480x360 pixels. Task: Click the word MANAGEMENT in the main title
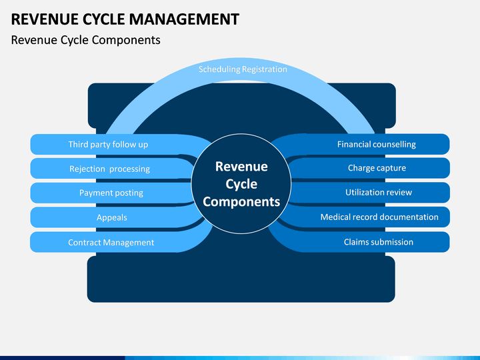click(184, 19)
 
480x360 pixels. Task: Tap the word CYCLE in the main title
click(103, 19)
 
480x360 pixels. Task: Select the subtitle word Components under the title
click(126, 41)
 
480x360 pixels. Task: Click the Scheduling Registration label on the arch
click(243, 69)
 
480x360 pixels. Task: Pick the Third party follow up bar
click(113, 144)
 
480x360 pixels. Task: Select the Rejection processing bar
click(112, 169)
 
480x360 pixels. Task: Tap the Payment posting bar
click(111, 193)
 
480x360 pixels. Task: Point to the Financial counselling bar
click(367, 144)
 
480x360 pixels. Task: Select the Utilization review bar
click(371, 192)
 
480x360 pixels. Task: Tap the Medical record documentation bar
click(367, 217)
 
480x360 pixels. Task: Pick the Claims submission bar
click(364, 242)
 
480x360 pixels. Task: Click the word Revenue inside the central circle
click(241, 167)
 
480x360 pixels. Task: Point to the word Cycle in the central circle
click(241, 185)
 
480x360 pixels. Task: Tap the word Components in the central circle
click(241, 202)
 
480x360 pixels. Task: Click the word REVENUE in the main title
click(45, 19)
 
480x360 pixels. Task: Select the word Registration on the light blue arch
click(265, 69)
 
